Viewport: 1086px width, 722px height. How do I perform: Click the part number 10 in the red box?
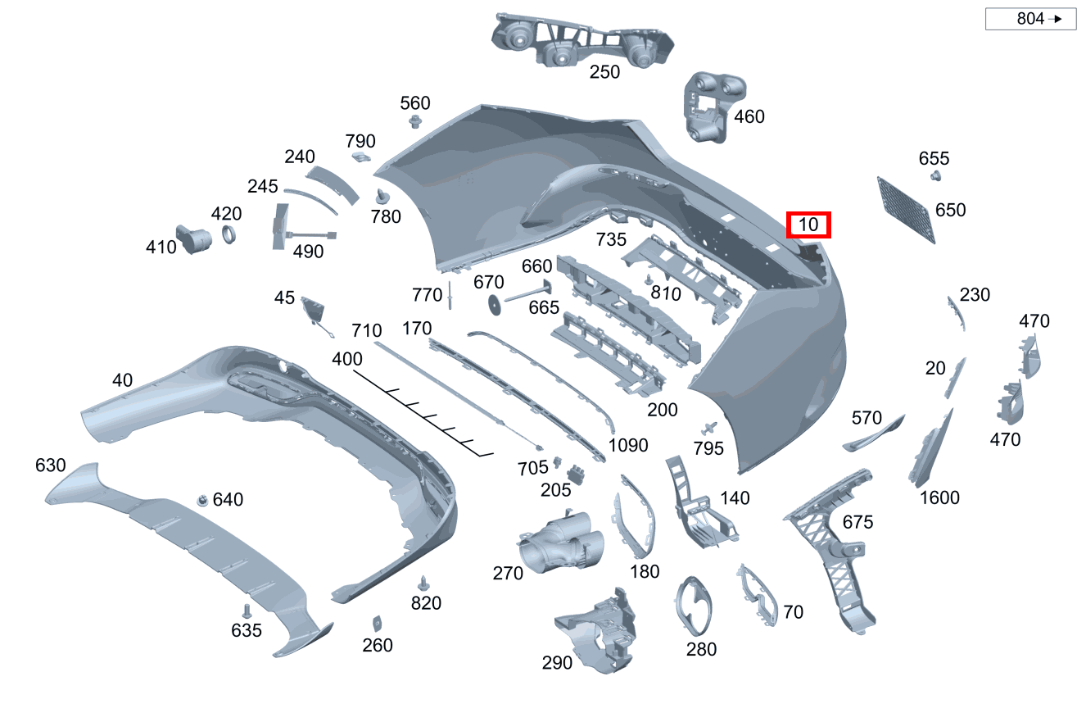click(808, 225)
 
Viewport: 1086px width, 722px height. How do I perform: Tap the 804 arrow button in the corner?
click(1030, 19)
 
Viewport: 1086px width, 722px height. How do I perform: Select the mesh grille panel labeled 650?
click(906, 210)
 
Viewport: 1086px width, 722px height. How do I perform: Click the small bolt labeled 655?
click(935, 175)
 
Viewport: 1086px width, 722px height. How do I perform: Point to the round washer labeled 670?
click(494, 305)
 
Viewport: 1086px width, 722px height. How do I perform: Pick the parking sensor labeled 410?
click(193, 239)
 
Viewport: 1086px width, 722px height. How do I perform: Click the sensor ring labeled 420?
click(229, 234)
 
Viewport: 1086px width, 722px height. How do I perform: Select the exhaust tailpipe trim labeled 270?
click(561, 544)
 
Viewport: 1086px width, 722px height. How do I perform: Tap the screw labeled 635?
click(247, 611)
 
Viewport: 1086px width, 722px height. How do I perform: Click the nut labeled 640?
click(202, 500)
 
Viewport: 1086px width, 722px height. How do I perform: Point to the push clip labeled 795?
click(709, 429)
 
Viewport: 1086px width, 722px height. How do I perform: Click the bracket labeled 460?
click(710, 107)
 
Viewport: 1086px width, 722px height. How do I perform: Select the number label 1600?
click(939, 497)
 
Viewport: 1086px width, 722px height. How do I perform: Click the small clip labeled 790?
click(360, 157)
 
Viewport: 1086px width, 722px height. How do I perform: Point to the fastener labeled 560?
click(415, 121)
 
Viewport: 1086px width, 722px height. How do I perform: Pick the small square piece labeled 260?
click(377, 624)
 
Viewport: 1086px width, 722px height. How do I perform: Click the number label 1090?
click(628, 445)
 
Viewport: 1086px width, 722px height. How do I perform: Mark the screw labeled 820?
click(423, 584)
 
